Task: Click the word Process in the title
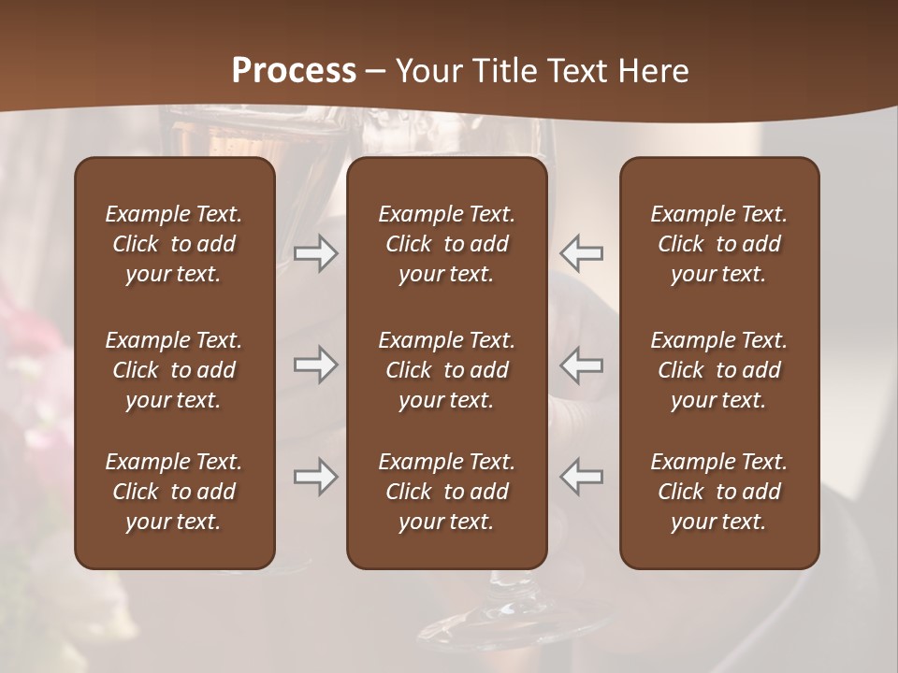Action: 294,71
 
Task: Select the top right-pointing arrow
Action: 315,253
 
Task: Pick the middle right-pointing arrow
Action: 315,365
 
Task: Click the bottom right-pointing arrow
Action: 315,477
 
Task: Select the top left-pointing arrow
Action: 582,253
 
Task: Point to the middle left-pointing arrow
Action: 582,365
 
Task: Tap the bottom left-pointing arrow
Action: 582,477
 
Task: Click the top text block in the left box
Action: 174,244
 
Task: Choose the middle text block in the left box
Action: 174,370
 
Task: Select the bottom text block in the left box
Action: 174,492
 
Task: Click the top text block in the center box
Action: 446,244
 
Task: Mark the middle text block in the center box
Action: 446,370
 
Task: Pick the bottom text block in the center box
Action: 446,492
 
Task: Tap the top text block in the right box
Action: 718,244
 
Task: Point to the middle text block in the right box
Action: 718,370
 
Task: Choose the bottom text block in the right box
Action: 718,492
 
